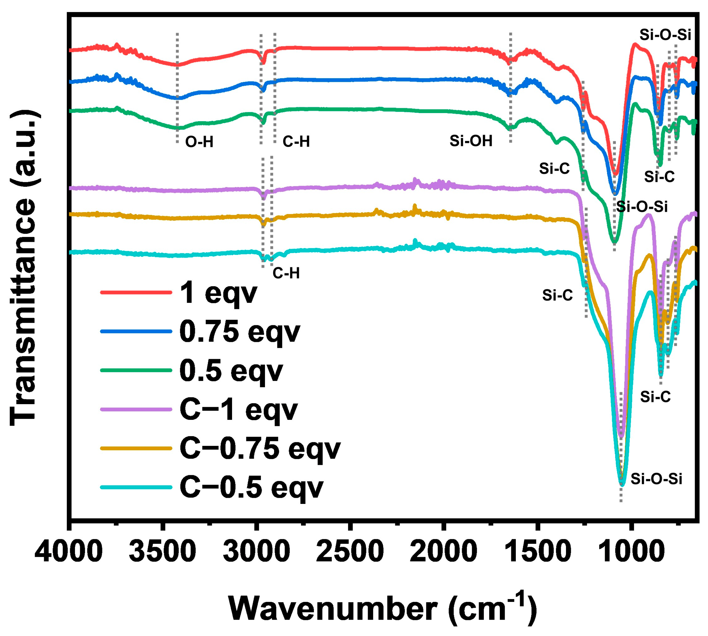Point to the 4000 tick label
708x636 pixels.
click(x=69, y=551)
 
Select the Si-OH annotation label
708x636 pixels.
click(x=471, y=141)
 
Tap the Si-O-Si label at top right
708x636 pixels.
click(x=665, y=35)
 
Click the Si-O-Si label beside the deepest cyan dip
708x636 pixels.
click(x=656, y=479)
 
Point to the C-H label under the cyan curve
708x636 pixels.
click(x=286, y=273)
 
